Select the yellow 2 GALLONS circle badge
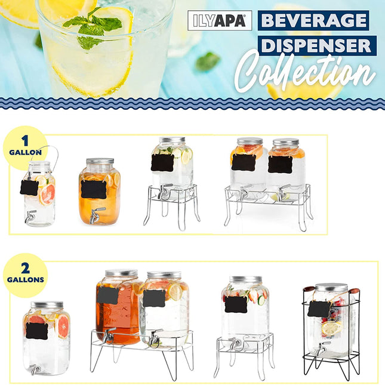click(25, 275)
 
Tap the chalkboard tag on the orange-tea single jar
click(94, 189)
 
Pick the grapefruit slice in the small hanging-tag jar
click(47, 193)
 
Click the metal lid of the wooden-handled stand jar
click(331, 288)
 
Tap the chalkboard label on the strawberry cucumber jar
click(236, 304)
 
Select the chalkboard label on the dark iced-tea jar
click(107, 295)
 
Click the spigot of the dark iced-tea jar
click(108, 335)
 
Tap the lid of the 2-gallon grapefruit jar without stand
click(47, 305)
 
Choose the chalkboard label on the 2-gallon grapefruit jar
click(37, 330)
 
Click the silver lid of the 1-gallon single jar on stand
click(172, 141)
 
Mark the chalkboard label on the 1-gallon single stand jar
click(162, 162)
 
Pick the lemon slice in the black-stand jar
click(329, 328)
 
